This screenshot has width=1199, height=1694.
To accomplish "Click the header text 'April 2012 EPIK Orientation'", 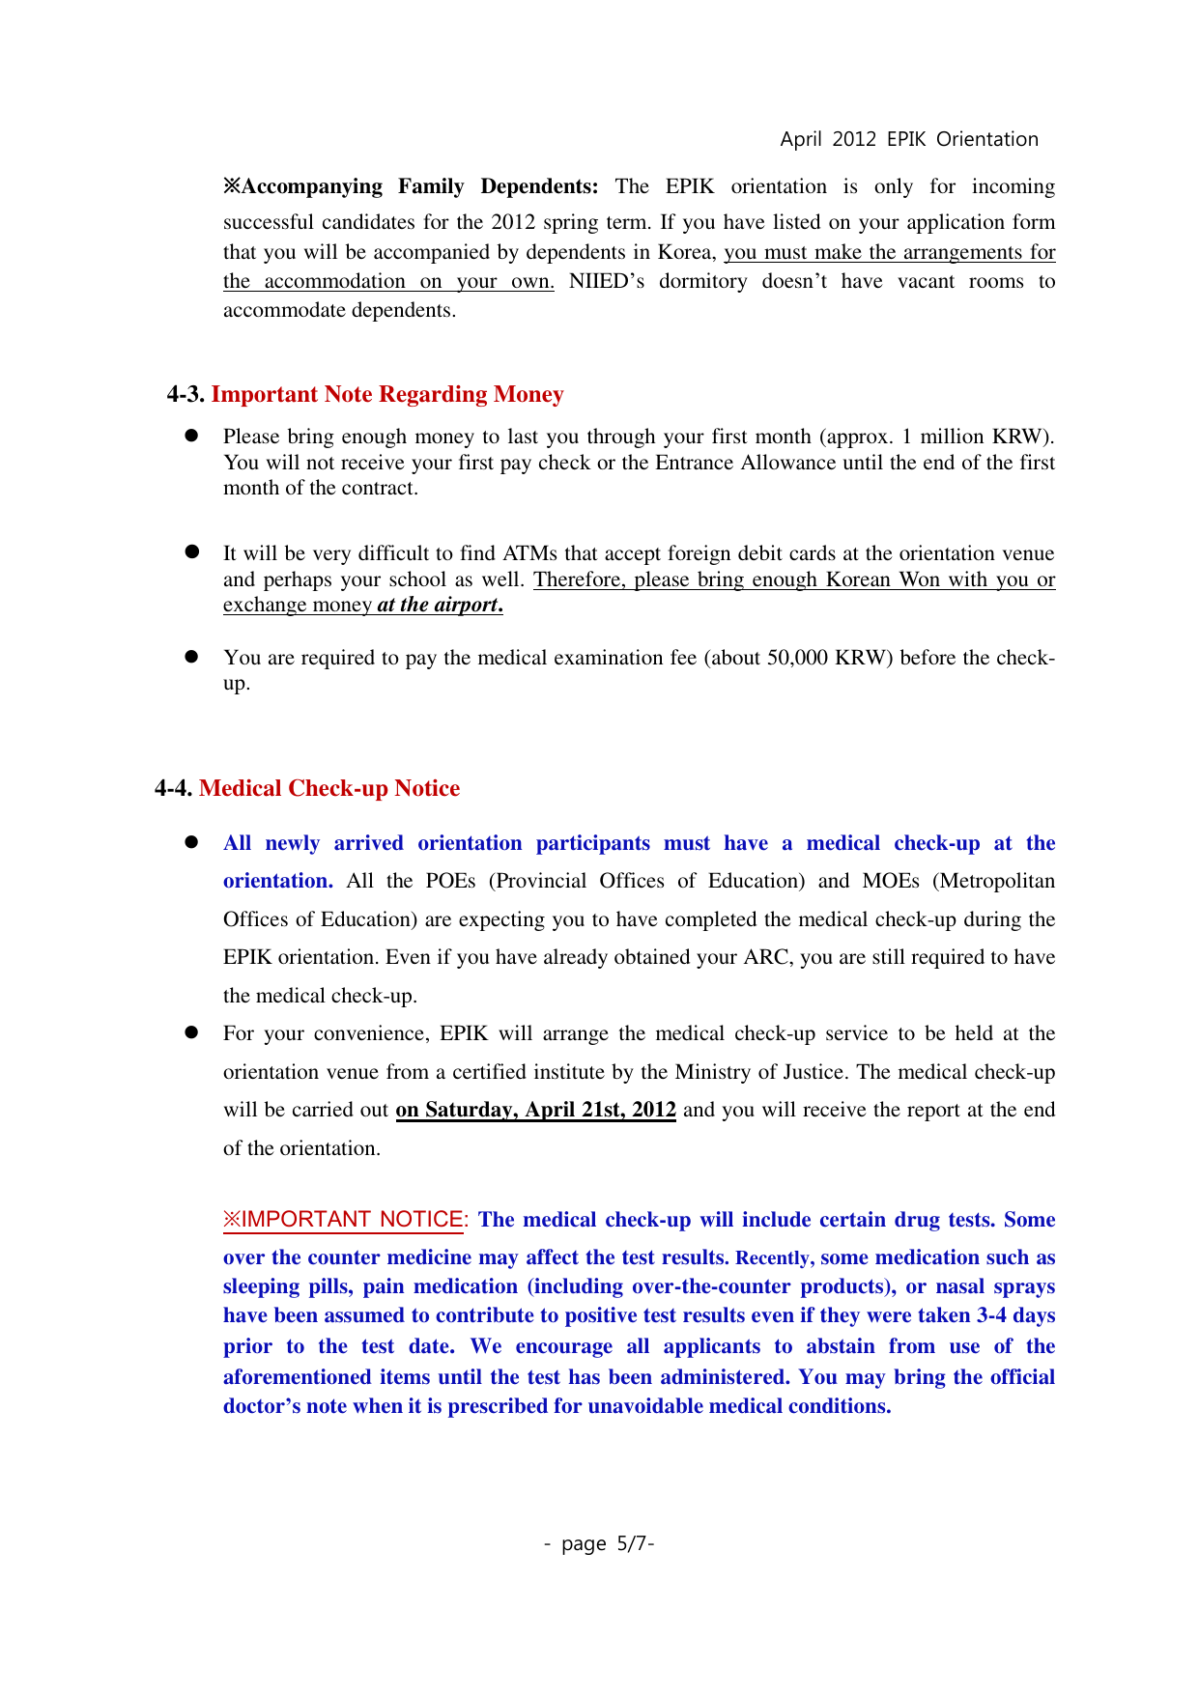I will (908, 139).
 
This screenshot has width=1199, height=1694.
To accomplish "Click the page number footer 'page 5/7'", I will (599, 1543).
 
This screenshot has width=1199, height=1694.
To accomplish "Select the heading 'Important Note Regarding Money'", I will (387, 394).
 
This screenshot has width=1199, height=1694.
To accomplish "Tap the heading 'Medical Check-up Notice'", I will (329, 788).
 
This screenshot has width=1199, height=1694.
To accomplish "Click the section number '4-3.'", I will (186, 394).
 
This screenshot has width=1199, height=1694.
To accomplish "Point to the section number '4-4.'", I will (174, 788).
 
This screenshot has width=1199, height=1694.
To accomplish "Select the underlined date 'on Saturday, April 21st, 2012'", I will (535, 1110).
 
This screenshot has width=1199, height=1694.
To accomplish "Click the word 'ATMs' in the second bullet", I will (530, 553).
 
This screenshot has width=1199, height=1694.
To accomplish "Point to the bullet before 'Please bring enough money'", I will (191, 436).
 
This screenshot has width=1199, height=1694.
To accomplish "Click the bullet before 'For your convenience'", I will (191, 1032).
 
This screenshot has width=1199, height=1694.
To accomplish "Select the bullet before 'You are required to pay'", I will (191, 657).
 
